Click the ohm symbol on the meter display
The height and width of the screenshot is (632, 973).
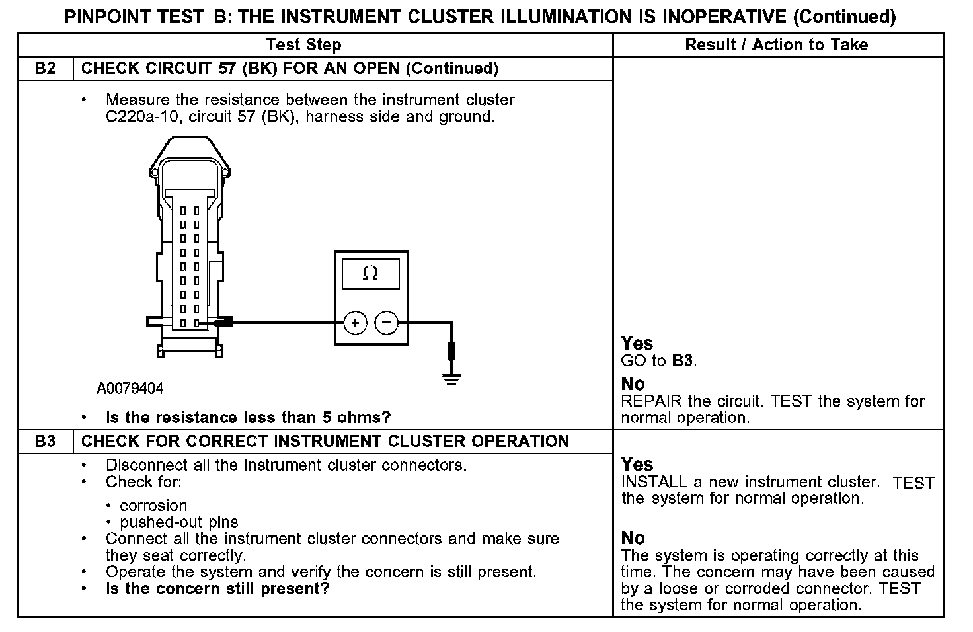[371, 273]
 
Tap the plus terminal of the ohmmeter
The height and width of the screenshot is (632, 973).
[356, 323]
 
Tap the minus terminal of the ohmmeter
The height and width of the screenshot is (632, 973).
[387, 323]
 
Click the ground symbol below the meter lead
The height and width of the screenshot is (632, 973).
[451, 379]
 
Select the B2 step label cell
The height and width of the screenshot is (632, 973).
[45, 69]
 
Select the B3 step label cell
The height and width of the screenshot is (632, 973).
[45, 441]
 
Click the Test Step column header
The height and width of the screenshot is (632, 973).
[303, 45]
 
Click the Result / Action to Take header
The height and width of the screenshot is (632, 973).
[777, 45]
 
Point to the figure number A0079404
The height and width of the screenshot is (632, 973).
[130, 389]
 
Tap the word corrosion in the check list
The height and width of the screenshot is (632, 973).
[153, 506]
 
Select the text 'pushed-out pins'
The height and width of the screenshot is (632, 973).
[179, 522]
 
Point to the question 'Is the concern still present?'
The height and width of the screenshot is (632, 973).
[217, 588]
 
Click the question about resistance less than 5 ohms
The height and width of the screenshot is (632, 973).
[249, 418]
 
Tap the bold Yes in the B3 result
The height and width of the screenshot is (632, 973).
[637, 464]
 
